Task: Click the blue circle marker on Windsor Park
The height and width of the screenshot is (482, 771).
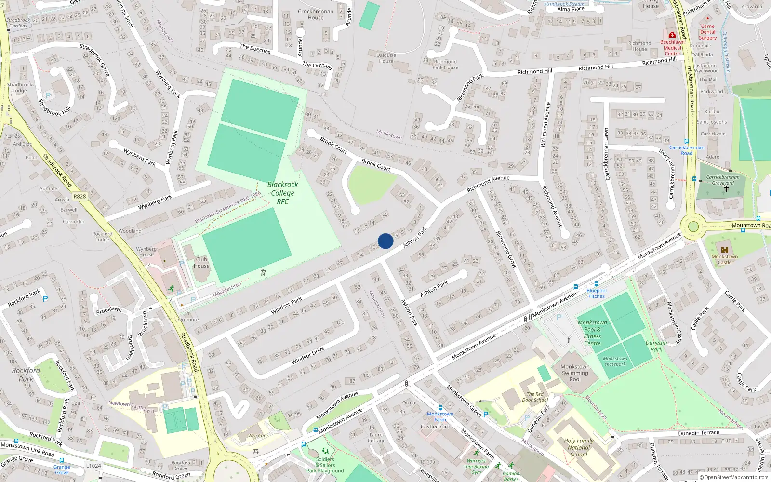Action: [385, 241]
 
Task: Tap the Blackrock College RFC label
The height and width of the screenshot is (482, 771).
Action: [283, 193]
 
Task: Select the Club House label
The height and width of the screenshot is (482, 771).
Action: [201, 263]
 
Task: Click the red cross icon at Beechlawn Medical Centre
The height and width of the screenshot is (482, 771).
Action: [672, 35]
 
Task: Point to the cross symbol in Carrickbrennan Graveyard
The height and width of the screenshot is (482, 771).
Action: [726, 189]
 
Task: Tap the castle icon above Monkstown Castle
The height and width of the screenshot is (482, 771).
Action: [724, 249]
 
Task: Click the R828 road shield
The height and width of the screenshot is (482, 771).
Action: [80, 196]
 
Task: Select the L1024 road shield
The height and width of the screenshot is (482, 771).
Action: [93, 466]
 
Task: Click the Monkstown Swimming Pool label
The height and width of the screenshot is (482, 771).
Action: [575, 373]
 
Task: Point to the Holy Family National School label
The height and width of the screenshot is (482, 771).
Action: [579, 447]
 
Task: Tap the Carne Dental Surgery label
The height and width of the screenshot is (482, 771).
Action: [707, 32]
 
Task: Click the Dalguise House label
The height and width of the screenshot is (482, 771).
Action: [386, 58]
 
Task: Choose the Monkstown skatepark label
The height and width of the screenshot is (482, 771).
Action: [615, 361]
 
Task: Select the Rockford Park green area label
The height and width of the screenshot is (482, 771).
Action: [26, 375]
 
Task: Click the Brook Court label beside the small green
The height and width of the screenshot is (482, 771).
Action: [376, 165]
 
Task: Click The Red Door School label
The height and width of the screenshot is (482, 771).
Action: [535, 397]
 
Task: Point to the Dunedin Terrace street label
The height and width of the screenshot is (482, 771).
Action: [698, 433]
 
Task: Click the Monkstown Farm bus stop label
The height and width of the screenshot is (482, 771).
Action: [440, 416]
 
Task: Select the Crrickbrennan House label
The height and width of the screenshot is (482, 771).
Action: [316, 14]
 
